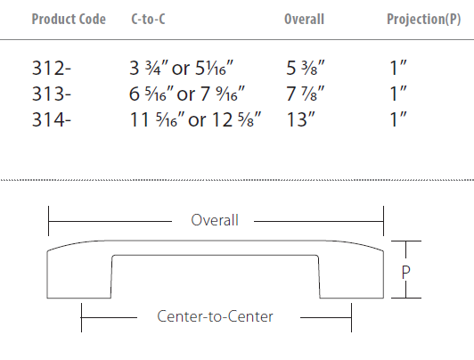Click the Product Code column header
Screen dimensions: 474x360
69,19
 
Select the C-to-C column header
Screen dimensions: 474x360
148,19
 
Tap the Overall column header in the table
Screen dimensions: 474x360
304,19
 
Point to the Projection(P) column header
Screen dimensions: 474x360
424,19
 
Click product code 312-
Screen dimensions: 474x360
52,68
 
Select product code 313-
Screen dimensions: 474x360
52,94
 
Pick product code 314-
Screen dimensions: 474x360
52,119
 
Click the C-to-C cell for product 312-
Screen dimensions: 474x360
182,68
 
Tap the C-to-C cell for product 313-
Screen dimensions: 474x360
187,94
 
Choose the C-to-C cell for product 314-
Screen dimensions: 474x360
195,119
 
